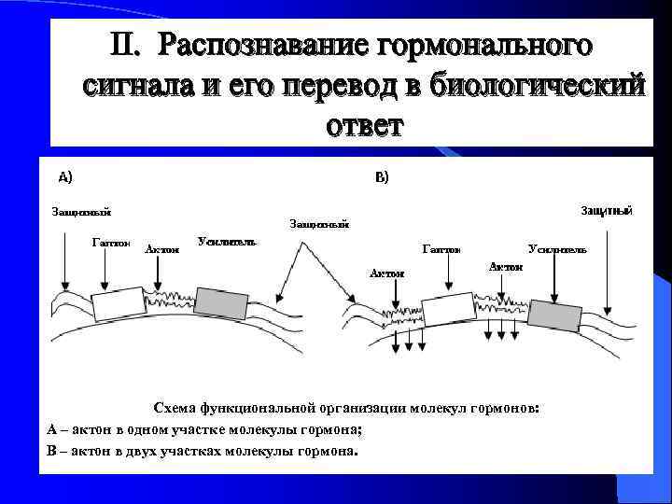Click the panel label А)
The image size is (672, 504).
66,176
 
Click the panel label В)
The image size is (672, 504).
382,177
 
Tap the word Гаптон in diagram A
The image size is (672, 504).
111,242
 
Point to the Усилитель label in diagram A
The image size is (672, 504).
227,242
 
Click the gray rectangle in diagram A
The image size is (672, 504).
221,302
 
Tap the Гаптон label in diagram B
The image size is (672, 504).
441,250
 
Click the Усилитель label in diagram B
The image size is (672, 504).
557,250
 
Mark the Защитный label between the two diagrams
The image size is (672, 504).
319,224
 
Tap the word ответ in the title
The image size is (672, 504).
364,124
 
